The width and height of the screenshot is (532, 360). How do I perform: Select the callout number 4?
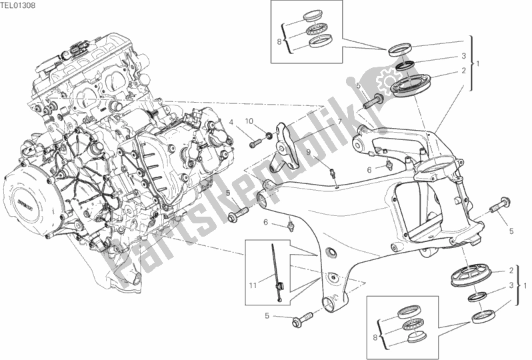point(232,123)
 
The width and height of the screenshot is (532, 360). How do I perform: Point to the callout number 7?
point(339,122)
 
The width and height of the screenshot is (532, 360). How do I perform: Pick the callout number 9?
point(309,153)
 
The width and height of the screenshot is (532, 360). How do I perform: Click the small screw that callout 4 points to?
point(255,143)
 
